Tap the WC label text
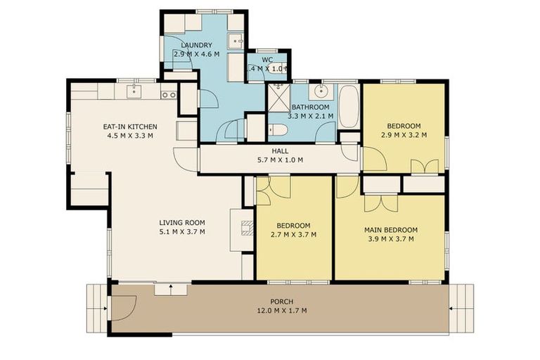tap(267, 60)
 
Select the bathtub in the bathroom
tap(349, 106)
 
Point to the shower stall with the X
tap(278, 98)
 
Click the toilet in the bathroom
tap(277, 130)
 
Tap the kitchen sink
tap(135, 92)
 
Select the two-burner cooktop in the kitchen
tap(168, 94)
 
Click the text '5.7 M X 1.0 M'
tap(280, 160)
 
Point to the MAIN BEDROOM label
tap(390, 230)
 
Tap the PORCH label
tap(281, 302)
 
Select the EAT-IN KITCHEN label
tap(129, 127)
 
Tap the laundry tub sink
tap(236, 39)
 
